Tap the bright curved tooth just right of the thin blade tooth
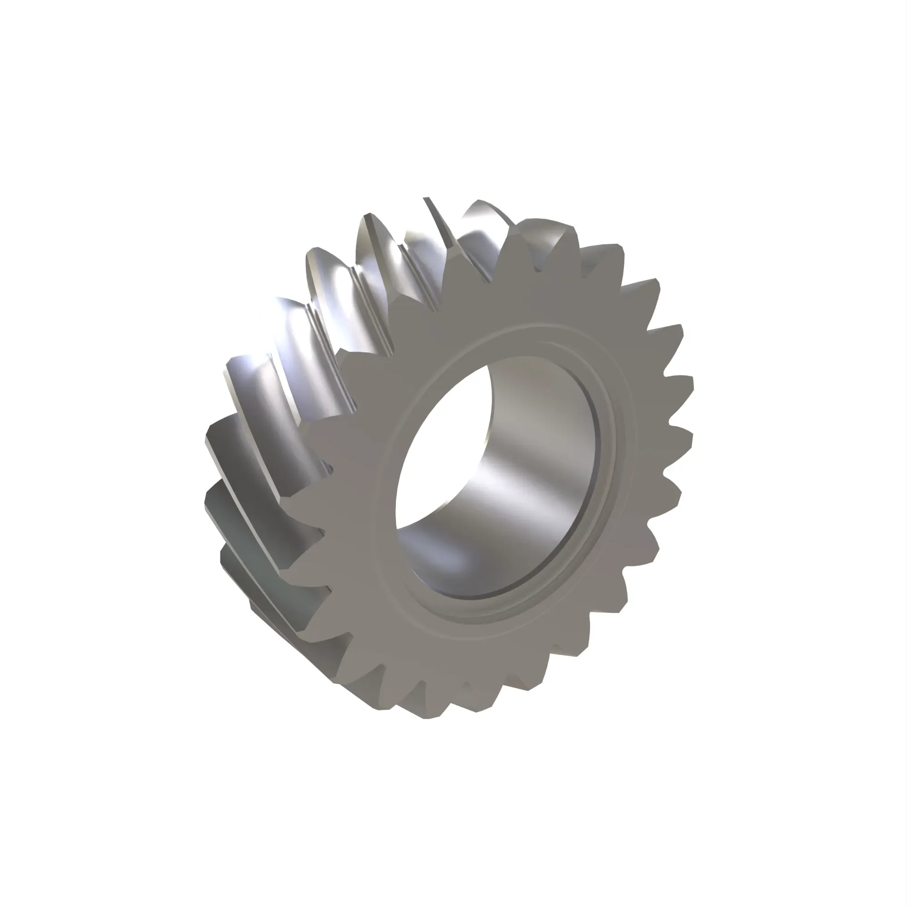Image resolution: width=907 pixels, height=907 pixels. pos(483,216)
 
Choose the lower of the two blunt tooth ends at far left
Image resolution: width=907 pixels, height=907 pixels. pos(211,497)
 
